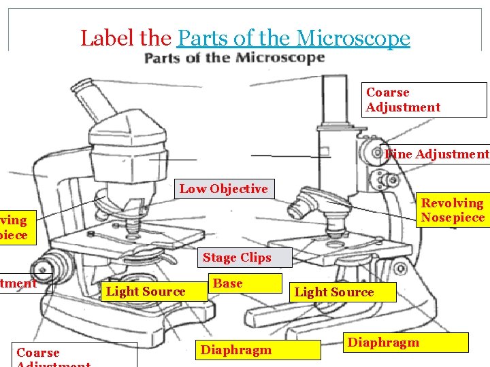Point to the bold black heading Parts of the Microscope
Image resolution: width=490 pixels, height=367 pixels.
(x=234, y=58)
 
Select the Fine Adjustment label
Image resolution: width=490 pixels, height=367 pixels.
(x=436, y=154)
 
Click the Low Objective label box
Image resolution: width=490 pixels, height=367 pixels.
(x=224, y=189)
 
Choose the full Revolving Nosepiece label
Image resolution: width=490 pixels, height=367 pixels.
(x=453, y=210)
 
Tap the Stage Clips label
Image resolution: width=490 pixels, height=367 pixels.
(x=237, y=258)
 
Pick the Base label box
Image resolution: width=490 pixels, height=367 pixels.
(x=244, y=283)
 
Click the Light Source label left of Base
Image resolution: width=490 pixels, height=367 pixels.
(x=146, y=292)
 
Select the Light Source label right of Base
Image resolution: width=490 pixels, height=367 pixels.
(x=334, y=292)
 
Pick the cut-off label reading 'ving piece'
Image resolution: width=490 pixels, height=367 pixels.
(x=14, y=228)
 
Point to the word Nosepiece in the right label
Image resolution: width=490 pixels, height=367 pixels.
(x=453, y=217)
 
